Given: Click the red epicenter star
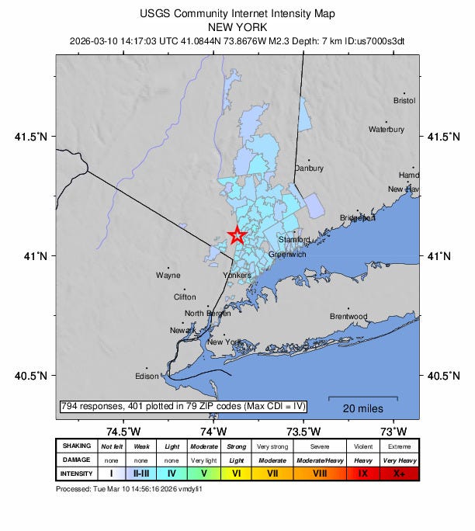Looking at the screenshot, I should (x=237, y=234).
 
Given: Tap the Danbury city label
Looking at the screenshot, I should (x=309, y=168).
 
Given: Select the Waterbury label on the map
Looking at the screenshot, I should (x=386, y=130).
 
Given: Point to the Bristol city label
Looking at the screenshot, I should (x=404, y=101).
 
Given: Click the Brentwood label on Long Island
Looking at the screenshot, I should (x=348, y=317).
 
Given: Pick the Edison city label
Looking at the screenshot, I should (x=147, y=377).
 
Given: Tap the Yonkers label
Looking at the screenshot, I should (x=237, y=276).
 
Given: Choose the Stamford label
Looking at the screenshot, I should (x=295, y=240).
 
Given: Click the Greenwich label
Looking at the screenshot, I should (x=287, y=255).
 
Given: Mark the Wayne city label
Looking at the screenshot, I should (x=168, y=276).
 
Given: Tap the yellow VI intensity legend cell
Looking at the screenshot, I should (x=237, y=473).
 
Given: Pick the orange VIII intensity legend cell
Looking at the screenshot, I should (x=320, y=473).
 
